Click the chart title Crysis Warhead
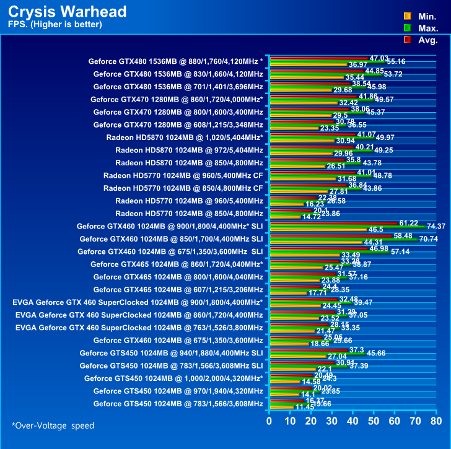point(68,12)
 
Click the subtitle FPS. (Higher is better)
point(55,25)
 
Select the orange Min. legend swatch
point(407,15)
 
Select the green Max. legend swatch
point(407,28)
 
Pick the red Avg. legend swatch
point(407,40)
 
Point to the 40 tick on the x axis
point(352,421)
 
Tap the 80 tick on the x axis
point(436,421)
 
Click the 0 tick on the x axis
point(269,421)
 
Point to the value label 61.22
point(409,222)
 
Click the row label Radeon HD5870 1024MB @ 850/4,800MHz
point(189,163)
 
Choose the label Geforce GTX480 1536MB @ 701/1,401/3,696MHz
point(178,86)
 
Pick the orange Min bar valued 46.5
point(317,230)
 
